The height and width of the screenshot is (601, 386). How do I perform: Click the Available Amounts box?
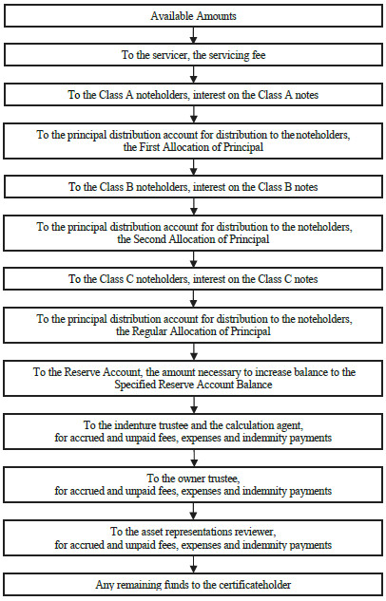(x=193, y=16)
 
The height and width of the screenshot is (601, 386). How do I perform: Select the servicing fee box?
(x=193, y=55)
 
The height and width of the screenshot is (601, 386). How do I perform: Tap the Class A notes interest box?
(x=193, y=95)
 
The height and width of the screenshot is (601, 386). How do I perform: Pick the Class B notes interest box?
(x=193, y=187)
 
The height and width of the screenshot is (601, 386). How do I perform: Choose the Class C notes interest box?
(x=193, y=278)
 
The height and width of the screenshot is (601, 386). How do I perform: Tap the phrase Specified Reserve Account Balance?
(x=193, y=385)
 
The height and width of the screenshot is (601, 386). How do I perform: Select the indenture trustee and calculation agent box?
(x=193, y=431)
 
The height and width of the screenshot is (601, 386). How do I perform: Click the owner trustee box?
(x=193, y=484)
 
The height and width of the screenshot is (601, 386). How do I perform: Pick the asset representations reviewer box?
(x=193, y=537)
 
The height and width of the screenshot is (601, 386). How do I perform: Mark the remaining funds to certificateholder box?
(x=193, y=585)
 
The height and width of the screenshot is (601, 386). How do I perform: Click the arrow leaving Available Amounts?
(x=193, y=36)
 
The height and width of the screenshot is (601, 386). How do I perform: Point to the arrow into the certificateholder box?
(x=193, y=565)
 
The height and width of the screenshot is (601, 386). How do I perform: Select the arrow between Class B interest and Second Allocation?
(x=193, y=206)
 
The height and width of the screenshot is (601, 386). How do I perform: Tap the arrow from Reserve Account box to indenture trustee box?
(x=193, y=404)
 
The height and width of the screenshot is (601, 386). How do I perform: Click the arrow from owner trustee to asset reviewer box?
(x=193, y=512)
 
